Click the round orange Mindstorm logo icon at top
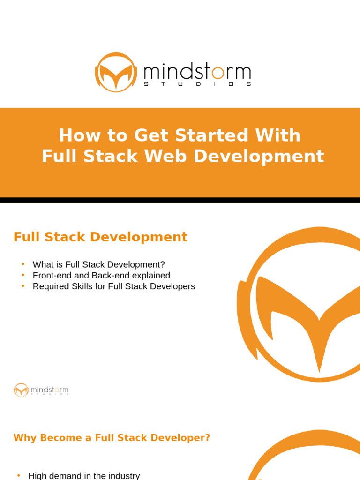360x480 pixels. tap(116, 72)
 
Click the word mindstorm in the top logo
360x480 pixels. tap(197, 72)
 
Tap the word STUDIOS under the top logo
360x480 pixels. tap(197, 85)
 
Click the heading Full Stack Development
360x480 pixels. tap(100, 237)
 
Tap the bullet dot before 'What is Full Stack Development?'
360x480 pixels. tap(22, 264)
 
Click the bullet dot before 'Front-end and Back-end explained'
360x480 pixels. tap(22, 275)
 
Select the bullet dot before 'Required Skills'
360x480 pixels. tap(22, 286)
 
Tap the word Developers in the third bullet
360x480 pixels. tap(174, 286)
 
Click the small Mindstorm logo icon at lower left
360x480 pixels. tap(21, 390)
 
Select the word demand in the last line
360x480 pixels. tap(64, 476)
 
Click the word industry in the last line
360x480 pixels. tap(124, 476)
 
